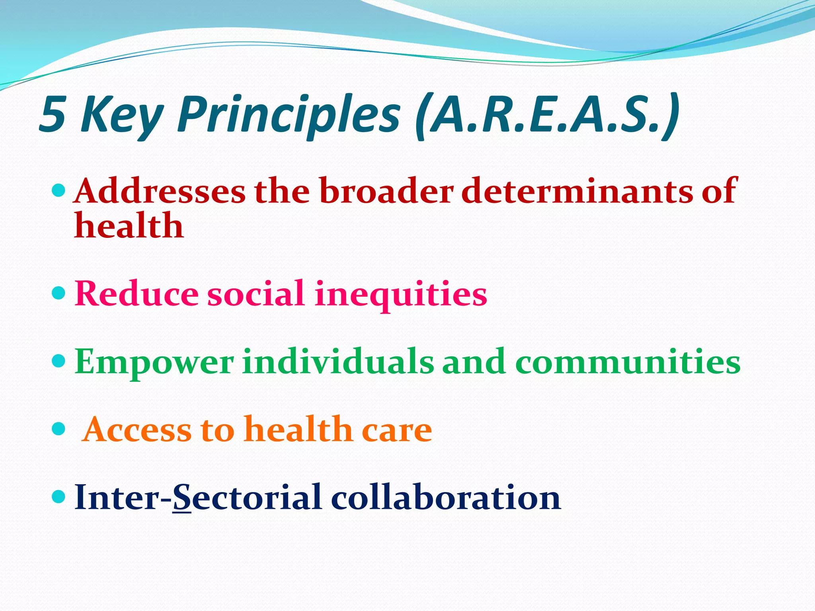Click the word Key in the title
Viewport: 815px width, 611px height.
click(122, 115)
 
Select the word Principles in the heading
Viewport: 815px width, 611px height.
click(289, 115)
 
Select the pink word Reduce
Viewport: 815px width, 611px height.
click(136, 294)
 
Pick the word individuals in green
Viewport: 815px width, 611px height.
click(338, 362)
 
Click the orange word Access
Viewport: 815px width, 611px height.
click(138, 430)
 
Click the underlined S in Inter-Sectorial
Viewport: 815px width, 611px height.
click(182, 498)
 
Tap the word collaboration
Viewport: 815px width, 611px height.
click(446, 498)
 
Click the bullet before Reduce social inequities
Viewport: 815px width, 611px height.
click(58, 294)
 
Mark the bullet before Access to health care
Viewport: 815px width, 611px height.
click(58, 428)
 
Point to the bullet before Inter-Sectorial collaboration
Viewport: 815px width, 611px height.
click(58, 496)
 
